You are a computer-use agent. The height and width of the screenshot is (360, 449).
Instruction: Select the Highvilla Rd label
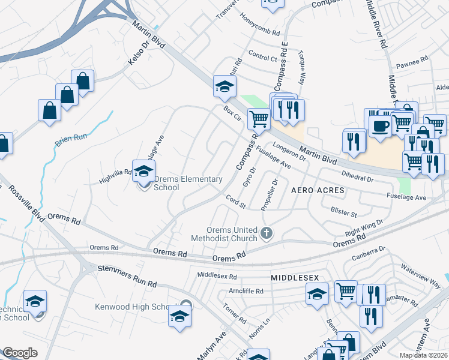pyautogui.click(x=115, y=172)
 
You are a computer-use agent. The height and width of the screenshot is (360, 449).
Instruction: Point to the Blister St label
pyautogui.click(x=344, y=212)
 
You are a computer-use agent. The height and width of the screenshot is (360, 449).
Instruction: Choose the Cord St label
pyautogui.click(x=236, y=202)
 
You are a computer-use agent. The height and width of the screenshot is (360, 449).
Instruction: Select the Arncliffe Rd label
pyautogui.click(x=246, y=291)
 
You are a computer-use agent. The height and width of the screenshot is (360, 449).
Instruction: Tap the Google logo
pyautogui.click(x=20, y=353)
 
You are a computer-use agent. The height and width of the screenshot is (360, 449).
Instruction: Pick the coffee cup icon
pyautogui.click(x=379, y=126)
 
